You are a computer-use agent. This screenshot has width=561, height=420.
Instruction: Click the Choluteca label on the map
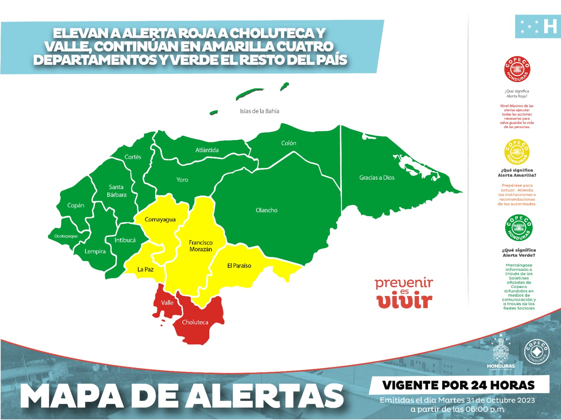[x=195, y=322]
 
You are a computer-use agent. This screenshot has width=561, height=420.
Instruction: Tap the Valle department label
[x=167, y=303]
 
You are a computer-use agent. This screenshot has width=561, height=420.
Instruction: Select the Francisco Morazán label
[x=201, y=246]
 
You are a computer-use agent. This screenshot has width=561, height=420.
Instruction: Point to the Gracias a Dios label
[x=377, y=178]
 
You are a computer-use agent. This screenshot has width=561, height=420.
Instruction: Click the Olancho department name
[x=266, y=210]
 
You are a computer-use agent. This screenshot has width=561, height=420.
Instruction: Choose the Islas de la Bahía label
[x=259, y=111]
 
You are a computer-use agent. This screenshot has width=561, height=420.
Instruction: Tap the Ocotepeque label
[x=66, y=236]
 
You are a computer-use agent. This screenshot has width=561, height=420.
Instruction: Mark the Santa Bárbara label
[x=116, y=191]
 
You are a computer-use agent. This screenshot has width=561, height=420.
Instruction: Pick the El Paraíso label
[x=239, y=266]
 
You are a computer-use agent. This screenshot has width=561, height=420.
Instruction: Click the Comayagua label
[x=160, y=220]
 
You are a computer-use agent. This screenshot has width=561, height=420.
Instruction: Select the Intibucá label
[x=125, y=240]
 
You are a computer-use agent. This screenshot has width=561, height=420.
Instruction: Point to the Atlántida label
[x=207, y=150]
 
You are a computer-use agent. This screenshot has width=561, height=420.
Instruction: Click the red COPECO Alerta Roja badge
[x=517, y=69]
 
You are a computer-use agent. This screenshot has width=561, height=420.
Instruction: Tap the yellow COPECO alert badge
[x=517, y=152]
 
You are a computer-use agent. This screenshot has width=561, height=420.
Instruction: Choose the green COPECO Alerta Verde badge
[x=519, y=228]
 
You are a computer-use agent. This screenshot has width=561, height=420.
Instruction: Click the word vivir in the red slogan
[x=404, y=301]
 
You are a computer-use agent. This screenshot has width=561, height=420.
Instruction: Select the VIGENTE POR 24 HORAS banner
[x=459, y=385]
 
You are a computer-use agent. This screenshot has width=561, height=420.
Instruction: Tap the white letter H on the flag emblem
[x=550, y=26]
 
